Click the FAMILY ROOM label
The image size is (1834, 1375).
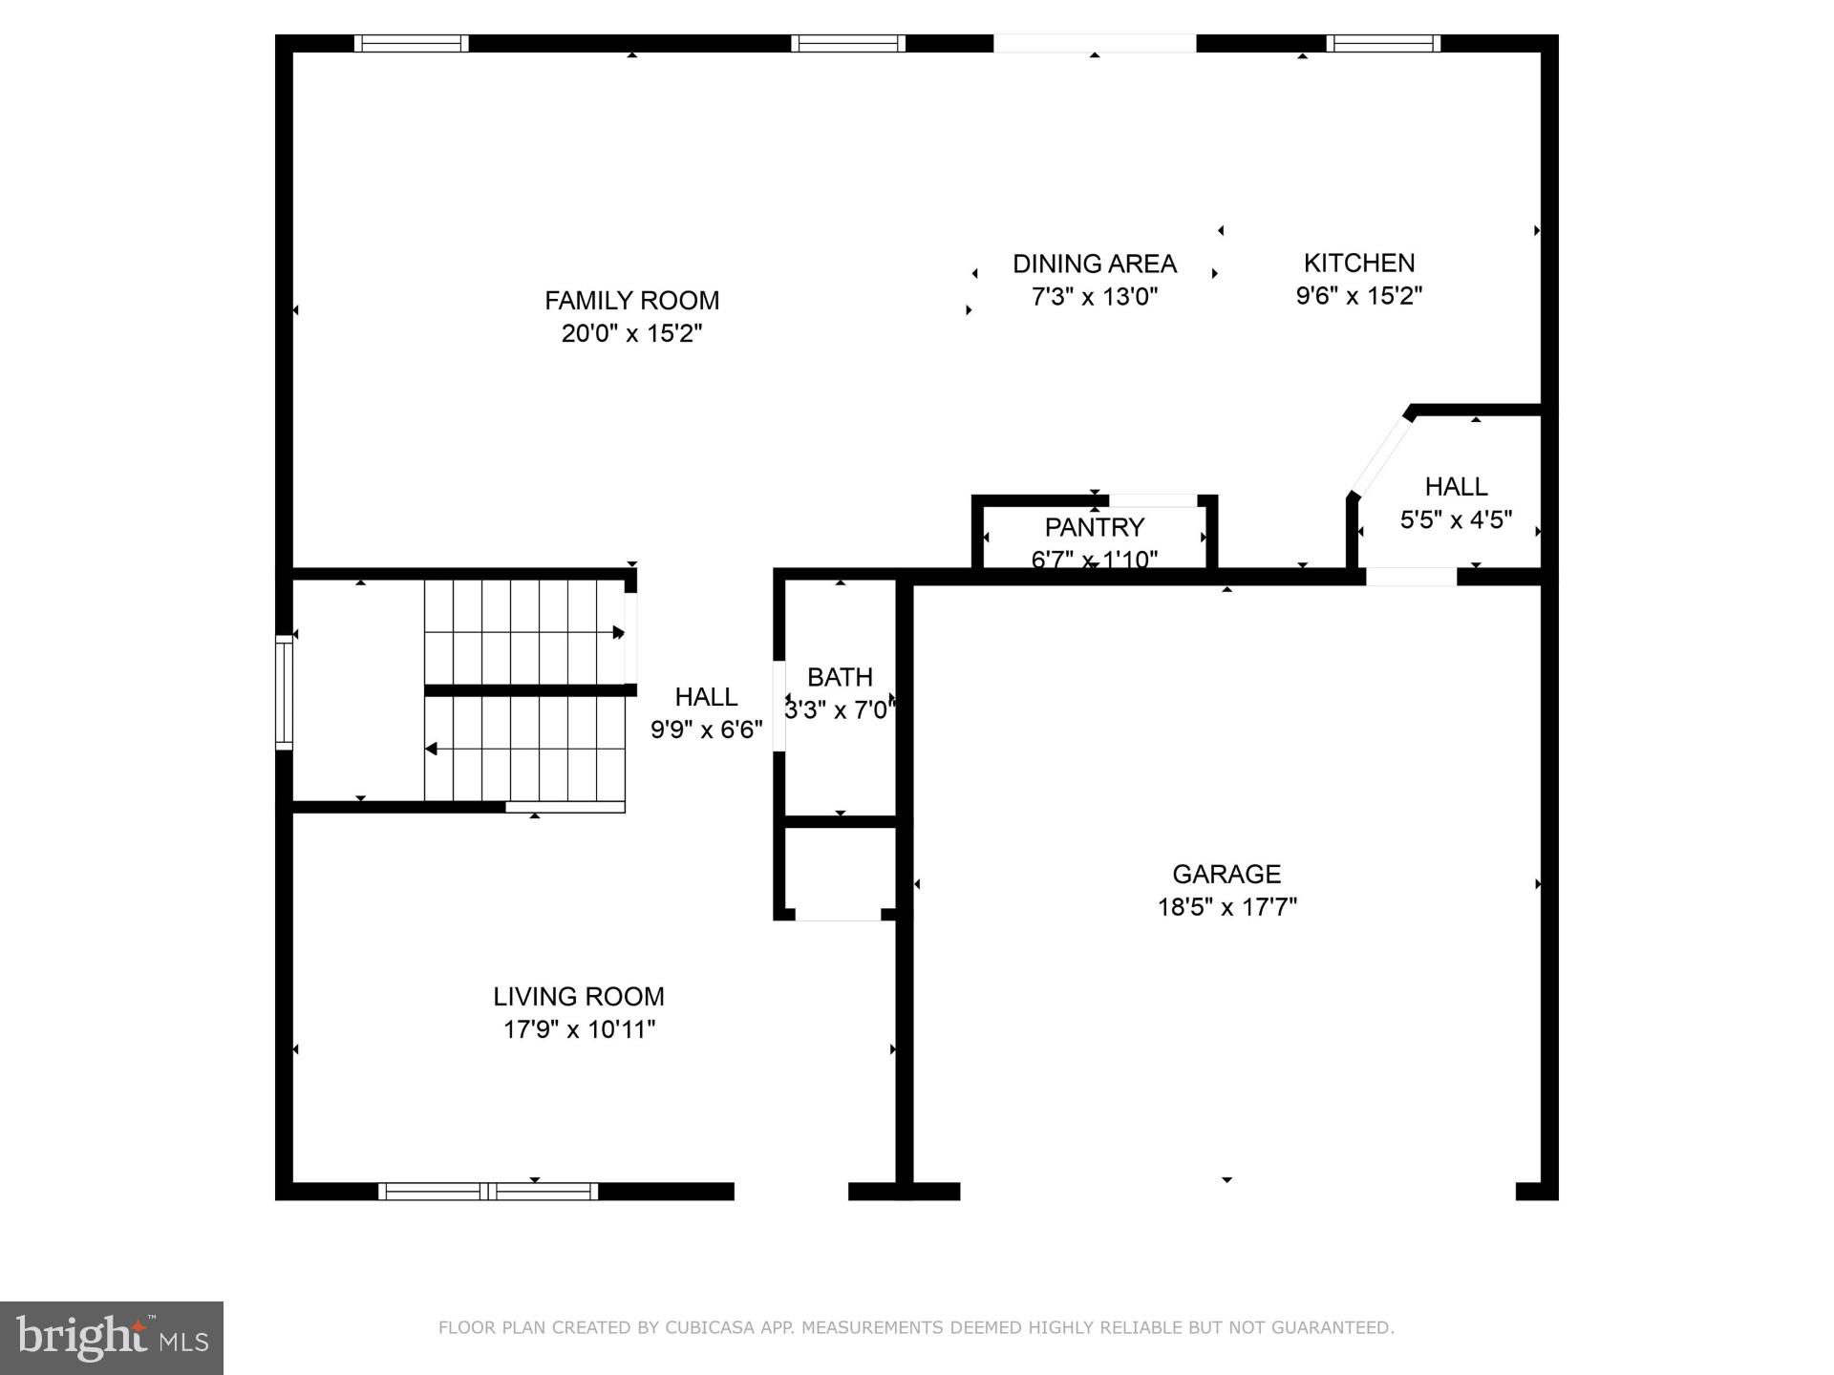(x=631, y=301)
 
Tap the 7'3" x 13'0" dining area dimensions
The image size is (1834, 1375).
(x=1094, y=297)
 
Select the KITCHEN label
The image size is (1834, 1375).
(x=1358, y=263)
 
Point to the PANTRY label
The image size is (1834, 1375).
(x=1094, y=527)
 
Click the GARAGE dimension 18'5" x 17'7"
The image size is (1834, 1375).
(x=1226, y=907)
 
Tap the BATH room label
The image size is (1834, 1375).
(x=840, y=677)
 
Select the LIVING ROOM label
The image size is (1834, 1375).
(x=578, y=997)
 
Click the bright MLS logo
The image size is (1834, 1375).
(x=112, y=1338)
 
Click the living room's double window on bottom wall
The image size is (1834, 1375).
(x=488, y=1191)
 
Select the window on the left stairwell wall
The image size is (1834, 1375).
(x=284, y=692)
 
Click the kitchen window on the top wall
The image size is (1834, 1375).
(x=1382, y=43)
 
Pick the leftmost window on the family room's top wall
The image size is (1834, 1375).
(x=411, y=43)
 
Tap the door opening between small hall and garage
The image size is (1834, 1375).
(x=1411, y=577)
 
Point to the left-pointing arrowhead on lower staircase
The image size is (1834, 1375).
(x=431, y=749)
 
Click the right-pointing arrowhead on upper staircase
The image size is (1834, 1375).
(x=619, y=632)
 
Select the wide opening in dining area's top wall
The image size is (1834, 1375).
(x=1094, y=43)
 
